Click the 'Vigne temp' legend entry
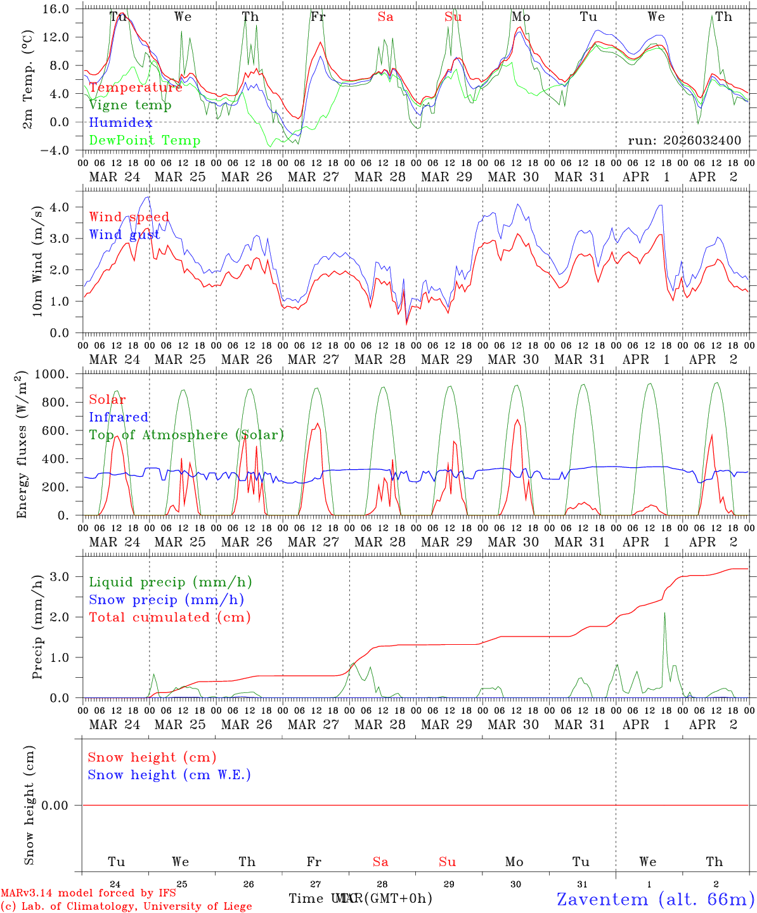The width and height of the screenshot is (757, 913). (130, 105)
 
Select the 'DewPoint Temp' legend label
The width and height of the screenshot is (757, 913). (145, 140)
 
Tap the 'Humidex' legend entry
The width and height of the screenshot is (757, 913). (120, 123)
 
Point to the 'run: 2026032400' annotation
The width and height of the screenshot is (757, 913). (684, 140)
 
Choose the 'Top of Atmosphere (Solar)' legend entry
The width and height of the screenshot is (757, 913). (186, 435)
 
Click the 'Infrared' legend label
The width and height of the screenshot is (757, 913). (119, 417)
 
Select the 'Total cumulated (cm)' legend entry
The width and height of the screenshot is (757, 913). (170, 617)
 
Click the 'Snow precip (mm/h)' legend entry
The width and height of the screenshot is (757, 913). (166, 600)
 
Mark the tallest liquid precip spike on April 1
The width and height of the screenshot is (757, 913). (664, 613)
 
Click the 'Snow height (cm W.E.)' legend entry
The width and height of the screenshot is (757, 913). (169, 775)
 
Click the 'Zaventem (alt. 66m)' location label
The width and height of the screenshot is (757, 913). (656, 899)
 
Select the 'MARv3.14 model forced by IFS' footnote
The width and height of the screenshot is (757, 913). (88, 893)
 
